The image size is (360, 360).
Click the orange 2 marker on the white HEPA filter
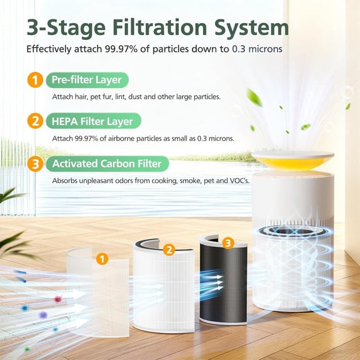[x=168, y=250]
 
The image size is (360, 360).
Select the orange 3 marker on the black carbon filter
[x=228, y=242]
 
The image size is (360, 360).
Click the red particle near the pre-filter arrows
[x=58, y=299]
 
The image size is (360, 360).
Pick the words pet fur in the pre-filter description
[x=117, y=97]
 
